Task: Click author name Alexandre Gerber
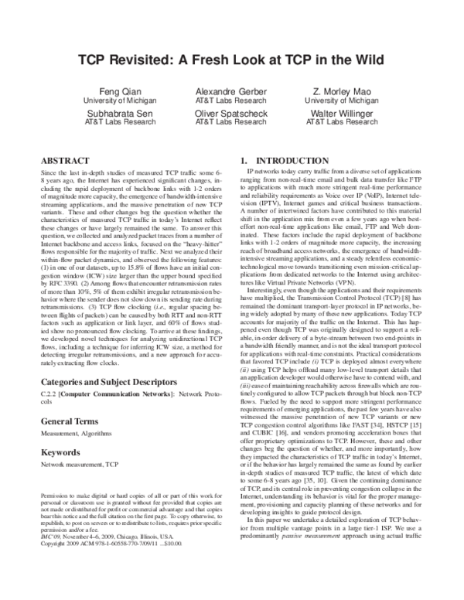[231, 91]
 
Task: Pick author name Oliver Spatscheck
[231, 111]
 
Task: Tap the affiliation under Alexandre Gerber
[231, 101]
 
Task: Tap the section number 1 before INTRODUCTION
[244, 160]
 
